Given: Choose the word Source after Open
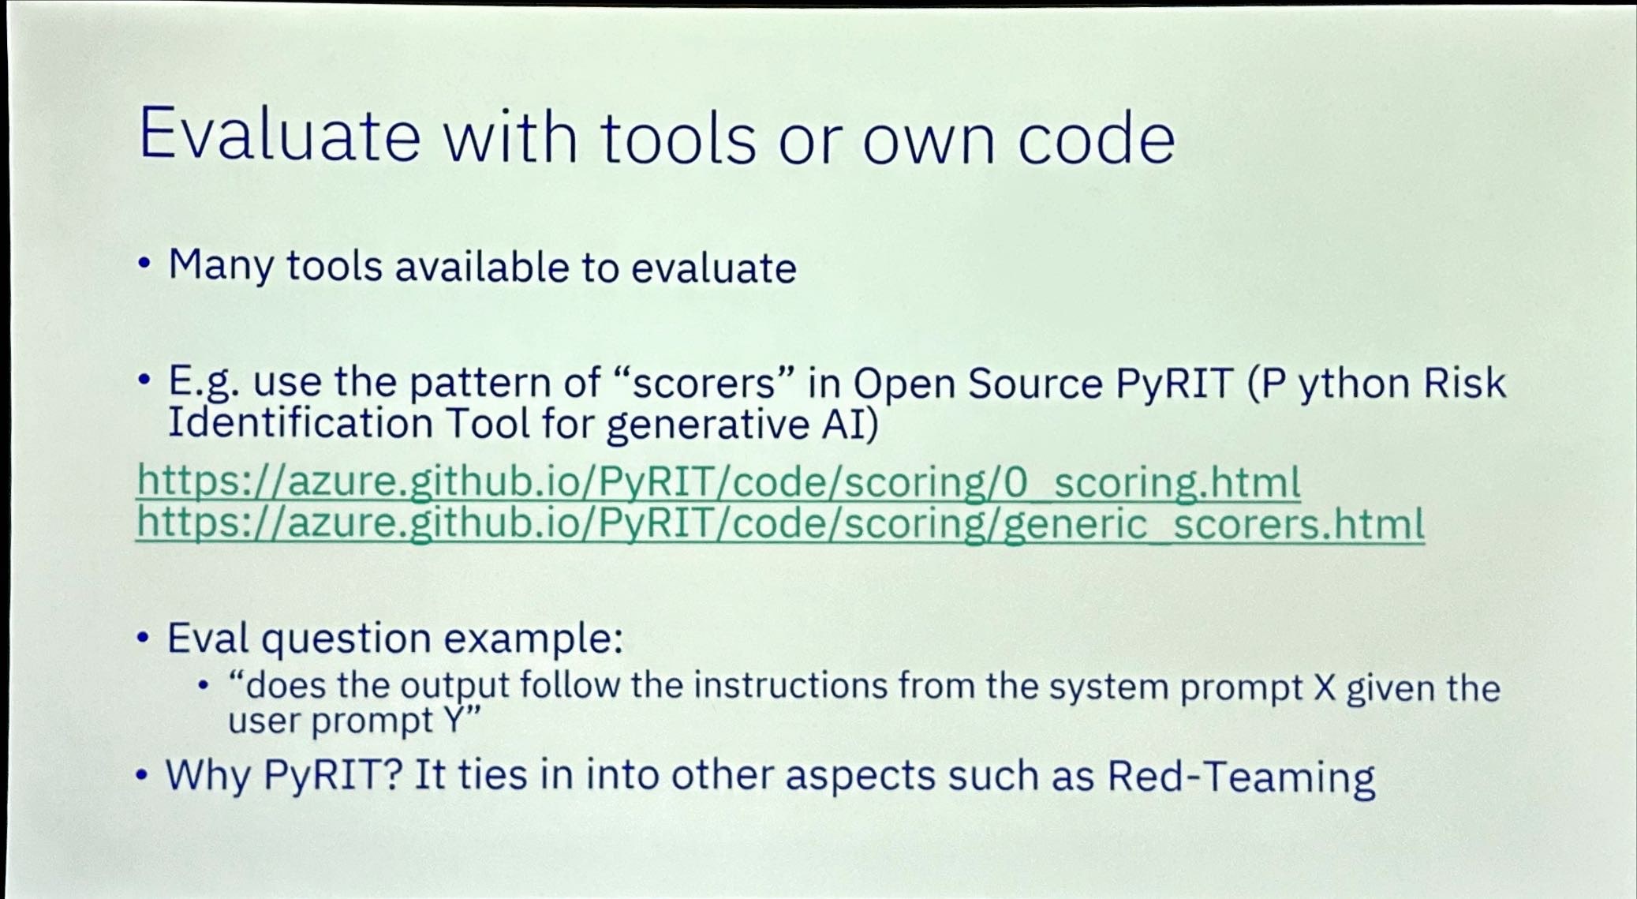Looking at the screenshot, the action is coord(1036,383).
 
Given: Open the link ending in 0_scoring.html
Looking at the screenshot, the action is coord(719,482).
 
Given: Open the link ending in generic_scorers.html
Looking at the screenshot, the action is coord(780,524).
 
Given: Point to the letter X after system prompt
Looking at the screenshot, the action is coord(1325,687).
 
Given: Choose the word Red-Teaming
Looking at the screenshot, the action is coord(1241,777).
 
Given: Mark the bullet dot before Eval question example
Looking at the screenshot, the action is coord(142,638).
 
